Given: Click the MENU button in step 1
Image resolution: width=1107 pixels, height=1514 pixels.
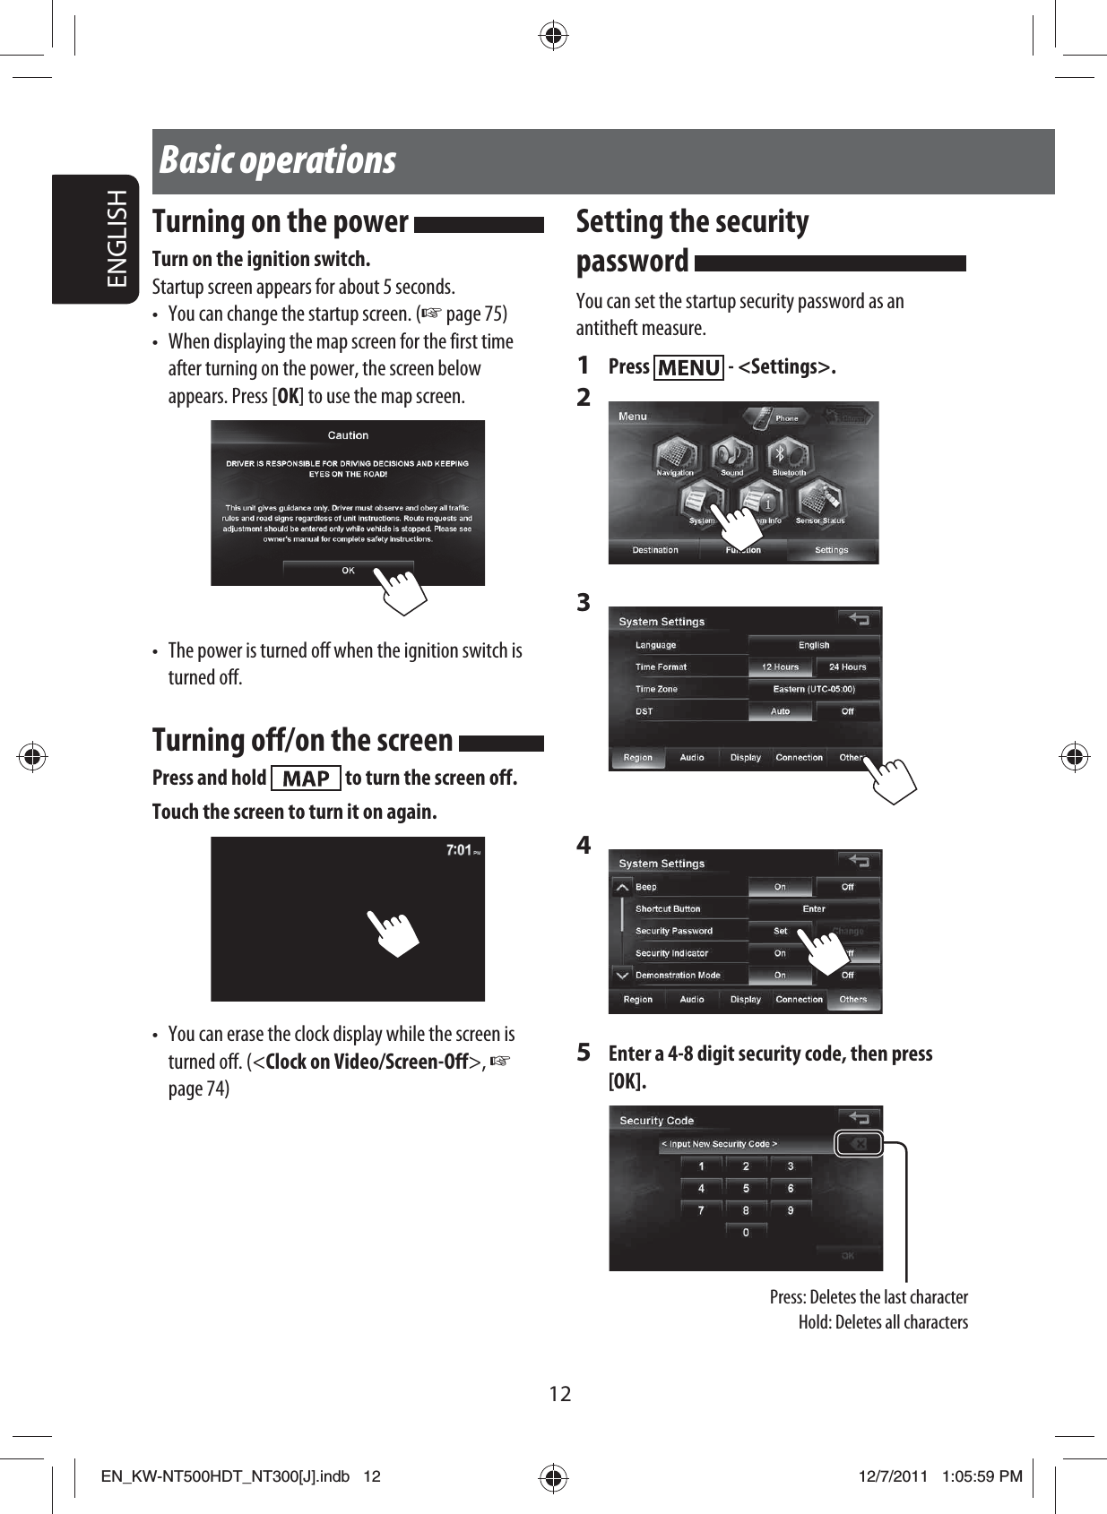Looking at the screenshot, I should pos(688,368).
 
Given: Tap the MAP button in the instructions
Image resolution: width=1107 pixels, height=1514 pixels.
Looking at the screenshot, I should pos(306,779).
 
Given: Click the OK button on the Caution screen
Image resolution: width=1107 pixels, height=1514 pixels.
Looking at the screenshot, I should pos(349,571).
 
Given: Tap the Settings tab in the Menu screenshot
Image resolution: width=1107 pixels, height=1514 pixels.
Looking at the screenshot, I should pos(831,550).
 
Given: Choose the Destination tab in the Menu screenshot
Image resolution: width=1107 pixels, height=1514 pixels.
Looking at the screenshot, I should pos(655,550).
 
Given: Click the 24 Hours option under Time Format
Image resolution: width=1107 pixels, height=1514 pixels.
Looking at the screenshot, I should pos(847,667).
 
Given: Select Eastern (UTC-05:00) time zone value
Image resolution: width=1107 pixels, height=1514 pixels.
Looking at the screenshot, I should pos(814,689).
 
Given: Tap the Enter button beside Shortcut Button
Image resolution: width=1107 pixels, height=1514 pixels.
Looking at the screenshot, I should pos(814,908).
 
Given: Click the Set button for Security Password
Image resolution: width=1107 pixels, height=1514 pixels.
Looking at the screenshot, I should pos(781,931).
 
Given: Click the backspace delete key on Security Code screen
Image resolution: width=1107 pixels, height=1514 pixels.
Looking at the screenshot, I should pos(859,1144).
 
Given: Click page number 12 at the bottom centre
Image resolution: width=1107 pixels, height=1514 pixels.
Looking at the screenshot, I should pos(560,1394).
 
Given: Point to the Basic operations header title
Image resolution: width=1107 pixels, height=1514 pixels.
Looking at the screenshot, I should pos(278,161).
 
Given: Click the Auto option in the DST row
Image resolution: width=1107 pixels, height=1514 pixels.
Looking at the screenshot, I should pos(781,711).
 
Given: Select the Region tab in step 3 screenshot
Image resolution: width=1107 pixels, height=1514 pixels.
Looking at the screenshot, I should pos(638,758).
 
